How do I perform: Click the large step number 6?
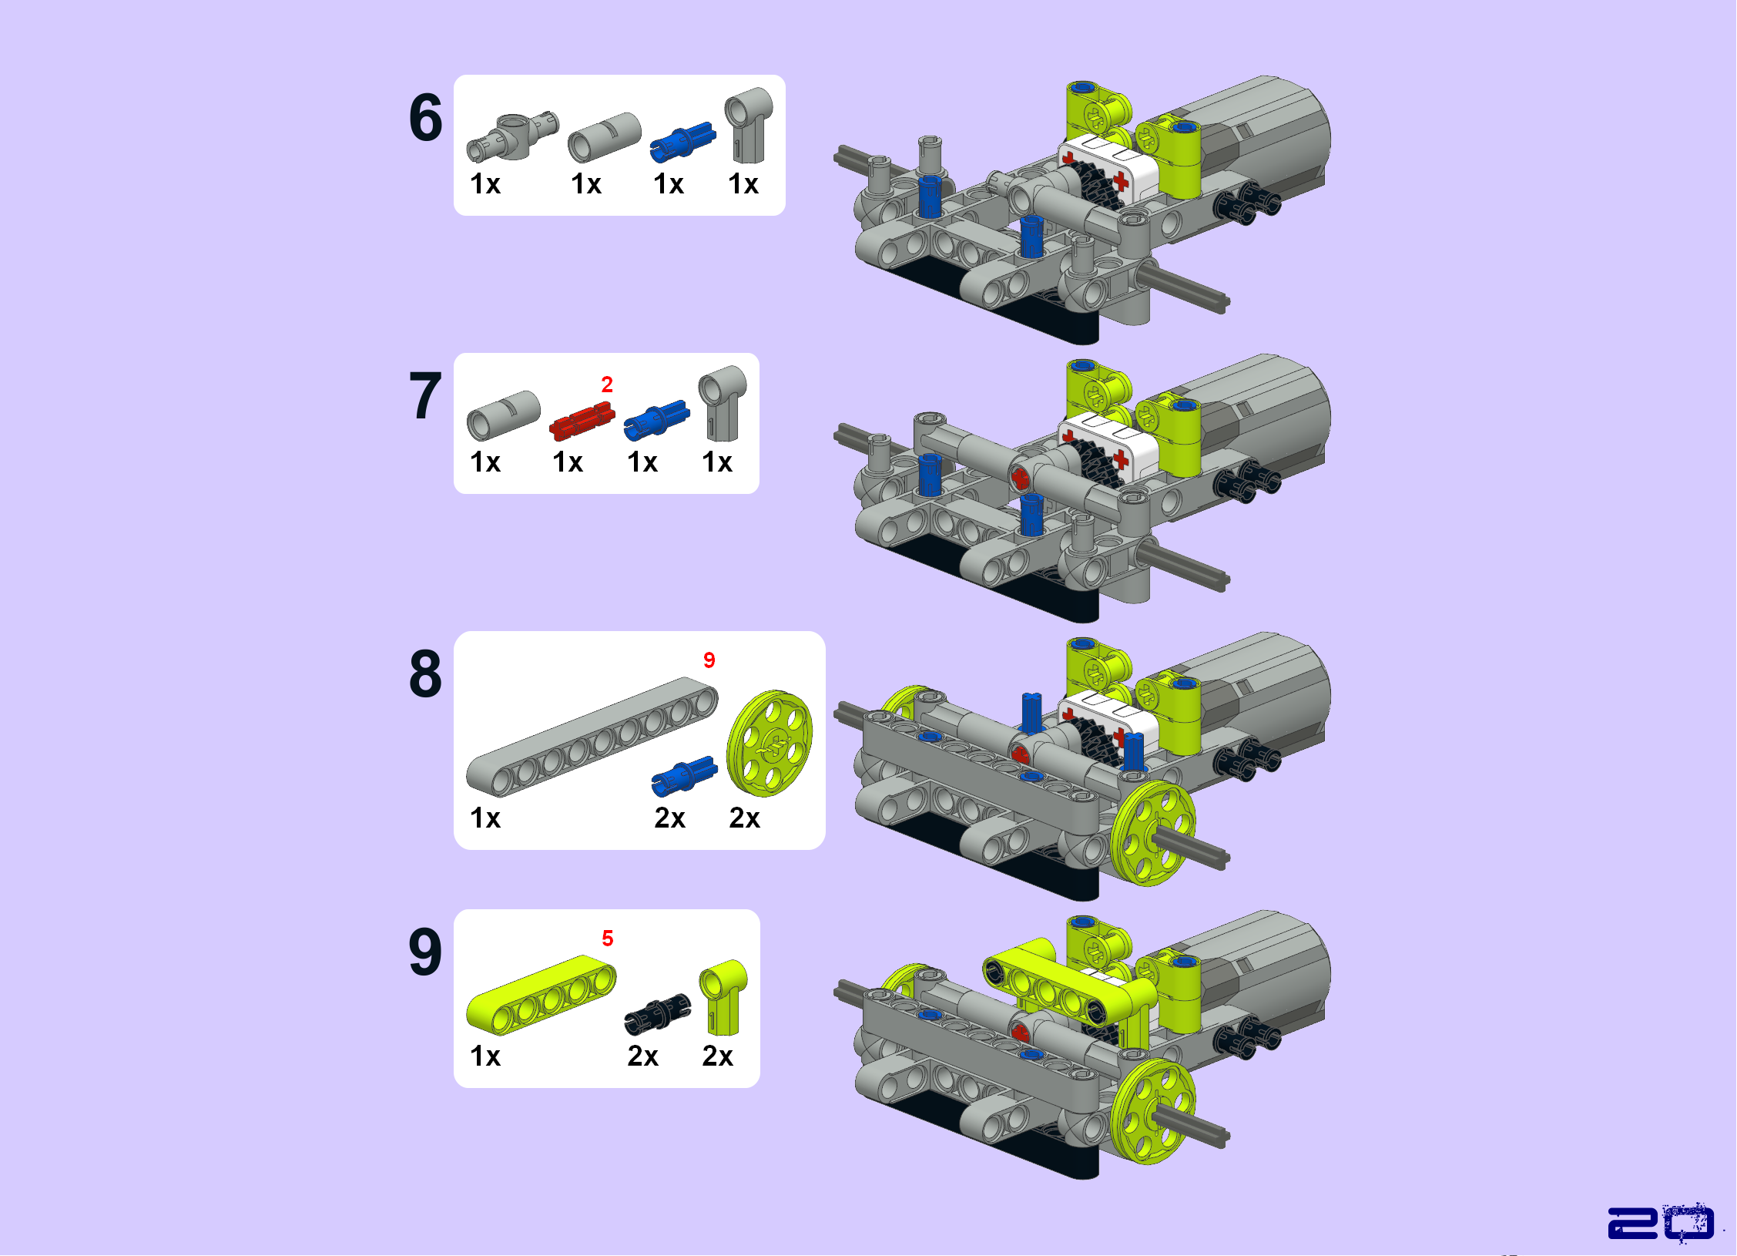[426, 118]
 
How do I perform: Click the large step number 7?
[426, 396]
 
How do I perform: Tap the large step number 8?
[426, 674]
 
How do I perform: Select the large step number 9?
[426, 952]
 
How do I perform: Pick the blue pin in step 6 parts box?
[682, 143]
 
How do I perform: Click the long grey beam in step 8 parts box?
[592, 737]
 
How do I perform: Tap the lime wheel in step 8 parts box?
[770, 744]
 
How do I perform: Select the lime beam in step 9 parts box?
[542, 995]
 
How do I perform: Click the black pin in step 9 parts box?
[657, 1013]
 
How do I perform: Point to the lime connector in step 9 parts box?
[723, 998]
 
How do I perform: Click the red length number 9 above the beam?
[709, 660]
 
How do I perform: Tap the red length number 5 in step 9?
[608, 939]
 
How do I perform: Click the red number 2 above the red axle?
[607, 385]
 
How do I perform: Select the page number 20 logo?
[1661, 1223]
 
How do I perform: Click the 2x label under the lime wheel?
[745, 818]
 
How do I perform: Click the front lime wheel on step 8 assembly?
[1153, 834]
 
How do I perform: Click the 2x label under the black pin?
[643, 1056]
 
